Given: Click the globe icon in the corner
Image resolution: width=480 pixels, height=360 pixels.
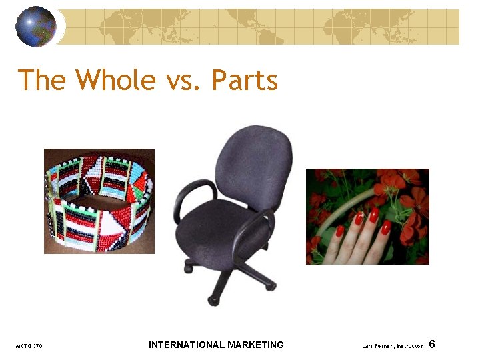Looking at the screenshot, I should [36, 26].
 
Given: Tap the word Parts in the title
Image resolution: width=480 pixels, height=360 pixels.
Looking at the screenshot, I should [245, 81].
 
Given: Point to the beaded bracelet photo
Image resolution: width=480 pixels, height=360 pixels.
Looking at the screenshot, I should [99, 201].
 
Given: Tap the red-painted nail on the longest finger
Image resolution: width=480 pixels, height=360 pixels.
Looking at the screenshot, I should [375, 215].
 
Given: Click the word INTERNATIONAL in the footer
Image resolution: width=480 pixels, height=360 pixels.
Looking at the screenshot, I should [186, 345].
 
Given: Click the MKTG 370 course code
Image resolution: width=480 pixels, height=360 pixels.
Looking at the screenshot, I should [29, 346].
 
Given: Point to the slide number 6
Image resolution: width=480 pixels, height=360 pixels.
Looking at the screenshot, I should [432, 344].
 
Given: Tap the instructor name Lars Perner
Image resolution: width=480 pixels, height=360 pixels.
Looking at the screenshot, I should [379, 346].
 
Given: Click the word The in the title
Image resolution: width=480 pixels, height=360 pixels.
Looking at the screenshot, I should [41, 81].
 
